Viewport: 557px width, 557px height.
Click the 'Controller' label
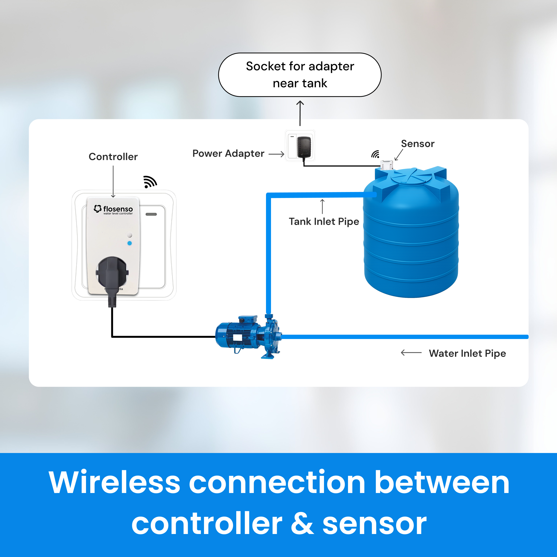pos(113,156)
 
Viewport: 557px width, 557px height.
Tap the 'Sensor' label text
pos(417,143)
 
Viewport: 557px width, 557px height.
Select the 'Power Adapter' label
pos(228,153)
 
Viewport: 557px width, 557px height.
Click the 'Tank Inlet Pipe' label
pos(324,221)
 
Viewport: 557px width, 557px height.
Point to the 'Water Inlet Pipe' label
pos(467,353)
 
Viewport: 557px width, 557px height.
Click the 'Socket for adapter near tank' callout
pos(300,75)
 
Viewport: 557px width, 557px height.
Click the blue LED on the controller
pos(129,243)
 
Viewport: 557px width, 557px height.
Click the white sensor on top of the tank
pos(386,165)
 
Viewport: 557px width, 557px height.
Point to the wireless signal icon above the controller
pos(150,182)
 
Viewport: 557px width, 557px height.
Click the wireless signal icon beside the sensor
pos(375,154)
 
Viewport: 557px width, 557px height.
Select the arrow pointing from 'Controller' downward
pos(113,182)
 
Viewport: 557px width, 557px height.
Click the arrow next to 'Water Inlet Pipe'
pos(411,352)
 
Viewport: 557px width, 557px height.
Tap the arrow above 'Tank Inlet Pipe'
pos(322,206)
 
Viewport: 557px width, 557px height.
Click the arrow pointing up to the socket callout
pos(300,113)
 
